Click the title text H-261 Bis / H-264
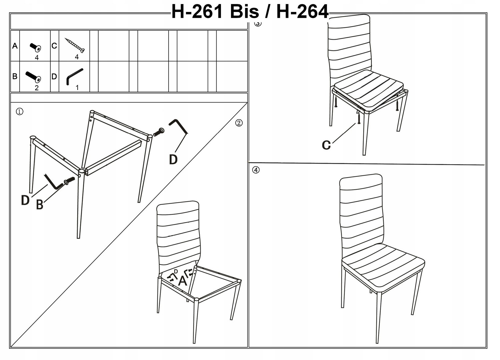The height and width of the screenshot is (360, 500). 250,12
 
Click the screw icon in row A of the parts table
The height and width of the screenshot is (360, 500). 35,47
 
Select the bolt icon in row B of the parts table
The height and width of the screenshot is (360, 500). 33,77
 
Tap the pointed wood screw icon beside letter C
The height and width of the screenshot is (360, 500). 75,45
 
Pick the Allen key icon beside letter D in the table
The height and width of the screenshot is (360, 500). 75,77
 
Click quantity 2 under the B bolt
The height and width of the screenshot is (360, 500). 37,88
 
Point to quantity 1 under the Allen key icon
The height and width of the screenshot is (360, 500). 77,88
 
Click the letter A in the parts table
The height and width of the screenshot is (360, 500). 15,46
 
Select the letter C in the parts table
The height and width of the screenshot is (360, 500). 54,46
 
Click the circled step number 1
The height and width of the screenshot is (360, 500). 20,112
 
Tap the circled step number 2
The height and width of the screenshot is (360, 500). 239,123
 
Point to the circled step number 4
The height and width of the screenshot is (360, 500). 256,170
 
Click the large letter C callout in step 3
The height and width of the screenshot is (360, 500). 326,145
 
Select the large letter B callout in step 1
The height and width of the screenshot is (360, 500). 40,205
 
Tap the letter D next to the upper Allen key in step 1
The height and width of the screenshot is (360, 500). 173,160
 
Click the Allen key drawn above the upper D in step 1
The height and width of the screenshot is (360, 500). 179,127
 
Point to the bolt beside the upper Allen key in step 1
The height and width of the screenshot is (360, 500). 159,132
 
